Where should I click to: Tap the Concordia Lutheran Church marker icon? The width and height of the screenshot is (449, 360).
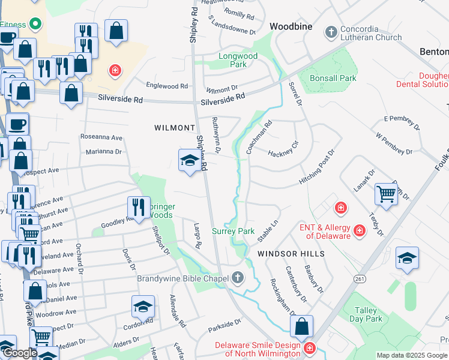(330, 31)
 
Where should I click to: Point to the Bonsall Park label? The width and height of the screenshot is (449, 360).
(333, 78)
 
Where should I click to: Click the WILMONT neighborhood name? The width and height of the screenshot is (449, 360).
(175, 128)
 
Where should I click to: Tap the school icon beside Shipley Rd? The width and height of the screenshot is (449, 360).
(189, 160)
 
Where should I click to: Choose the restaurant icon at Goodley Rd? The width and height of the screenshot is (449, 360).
(139, 208)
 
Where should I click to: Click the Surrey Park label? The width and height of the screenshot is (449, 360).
(234, 231)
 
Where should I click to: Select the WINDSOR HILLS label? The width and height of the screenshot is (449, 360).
(291, 254)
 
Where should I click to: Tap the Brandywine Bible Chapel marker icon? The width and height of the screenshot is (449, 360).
(238, 278)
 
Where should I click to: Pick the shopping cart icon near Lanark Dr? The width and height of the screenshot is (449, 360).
(385, 193)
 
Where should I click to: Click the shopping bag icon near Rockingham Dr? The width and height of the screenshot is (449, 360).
(302, 326)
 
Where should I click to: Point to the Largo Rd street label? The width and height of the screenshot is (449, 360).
(196, 236)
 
